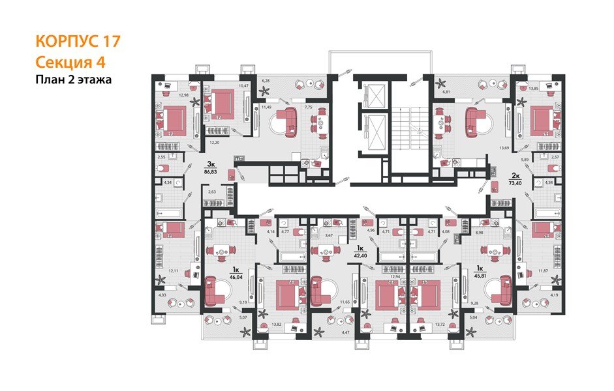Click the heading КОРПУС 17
pos(77,42)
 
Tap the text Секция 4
pos(69,63)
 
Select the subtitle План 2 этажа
pos(73,80)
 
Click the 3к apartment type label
pos(211,164)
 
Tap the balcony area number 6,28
pos(266,81)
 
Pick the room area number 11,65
pos(346,302)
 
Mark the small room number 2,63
pos(211,192)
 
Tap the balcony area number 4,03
pos(161,295)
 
